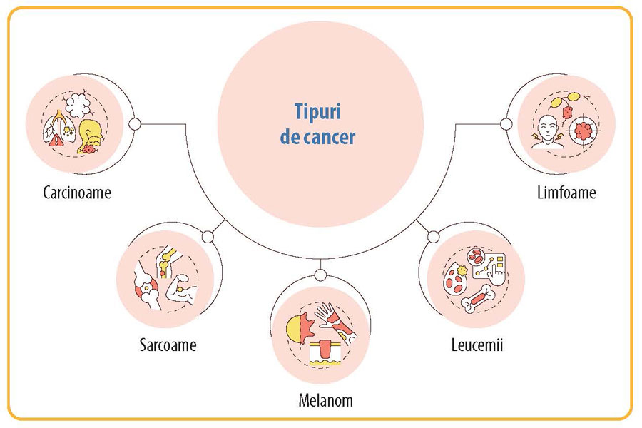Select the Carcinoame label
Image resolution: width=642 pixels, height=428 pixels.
pyautogui.click(x=77, y=193)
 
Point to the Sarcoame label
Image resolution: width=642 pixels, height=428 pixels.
pyautogui.click(x=168, y=346)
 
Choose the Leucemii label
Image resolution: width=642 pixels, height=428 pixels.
pyautogui.click(x=478, y=346)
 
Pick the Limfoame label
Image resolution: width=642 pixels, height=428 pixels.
pyautogui.click(x=566, y=193)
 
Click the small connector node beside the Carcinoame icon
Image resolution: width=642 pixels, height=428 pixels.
pyautogui.click(x=134, y=124)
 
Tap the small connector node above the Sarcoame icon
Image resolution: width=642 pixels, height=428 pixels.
pyautogui.click(x=208, y=237)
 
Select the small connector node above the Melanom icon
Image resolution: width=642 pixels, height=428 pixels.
pyautogui.click(x=320, y=275)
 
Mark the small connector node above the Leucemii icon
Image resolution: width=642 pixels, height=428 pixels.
pyautogui.click(x=433, y=237)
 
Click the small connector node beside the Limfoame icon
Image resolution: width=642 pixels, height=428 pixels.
pyautogui.click(x=506, y=124)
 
